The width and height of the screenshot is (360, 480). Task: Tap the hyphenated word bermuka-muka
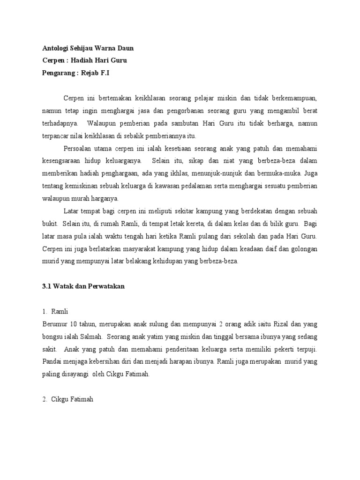point(283,173)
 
